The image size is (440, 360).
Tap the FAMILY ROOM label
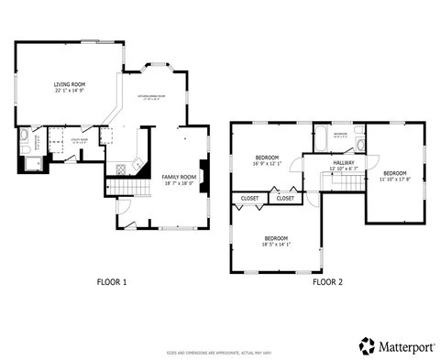click(179, 176)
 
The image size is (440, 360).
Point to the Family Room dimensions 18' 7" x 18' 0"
click(179, 183)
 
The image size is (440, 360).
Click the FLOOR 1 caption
click(112, 282)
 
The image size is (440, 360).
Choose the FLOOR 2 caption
click(326, 282)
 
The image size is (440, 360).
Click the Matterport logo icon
click(367, 345)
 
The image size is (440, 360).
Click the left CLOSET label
click(249, 198)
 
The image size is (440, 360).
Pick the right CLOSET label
click(286, 198)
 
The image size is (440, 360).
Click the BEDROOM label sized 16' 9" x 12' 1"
click(268, 158)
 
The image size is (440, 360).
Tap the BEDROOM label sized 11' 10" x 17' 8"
click(395, 173)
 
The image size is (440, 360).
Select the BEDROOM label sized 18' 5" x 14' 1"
click(276, 237)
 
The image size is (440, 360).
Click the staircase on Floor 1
click(127, 188)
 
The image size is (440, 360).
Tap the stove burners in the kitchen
click(137, 163)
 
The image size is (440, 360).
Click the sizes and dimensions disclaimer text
click(219, 353)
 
